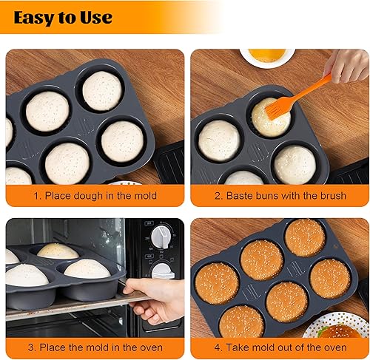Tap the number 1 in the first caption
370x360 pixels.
pos(33,196)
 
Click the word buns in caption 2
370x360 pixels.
pos(266,196)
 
